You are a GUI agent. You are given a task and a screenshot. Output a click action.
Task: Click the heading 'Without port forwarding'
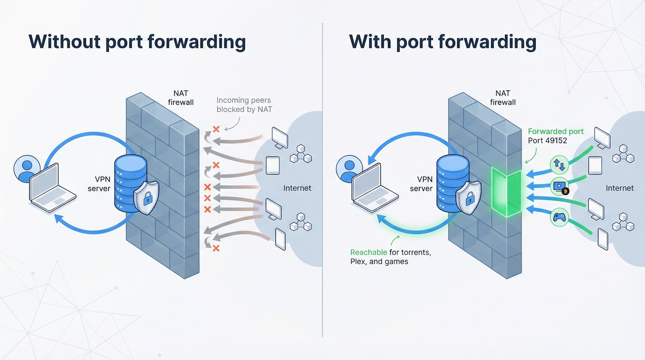point(137,42)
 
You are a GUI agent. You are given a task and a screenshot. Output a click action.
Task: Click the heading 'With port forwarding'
point(442,42)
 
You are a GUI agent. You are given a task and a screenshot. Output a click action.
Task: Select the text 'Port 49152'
point(547,141)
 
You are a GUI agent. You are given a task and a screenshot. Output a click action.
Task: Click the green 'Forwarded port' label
point(556,131)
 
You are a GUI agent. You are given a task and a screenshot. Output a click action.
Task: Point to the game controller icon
point(559,218)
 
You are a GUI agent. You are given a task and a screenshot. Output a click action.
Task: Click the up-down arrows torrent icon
point(559,164)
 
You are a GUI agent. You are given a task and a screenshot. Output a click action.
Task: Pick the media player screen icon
point(560,187)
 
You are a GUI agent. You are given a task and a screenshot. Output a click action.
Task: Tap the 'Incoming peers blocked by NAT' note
point(244,105)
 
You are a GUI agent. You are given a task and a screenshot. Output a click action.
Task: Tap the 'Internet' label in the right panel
point(619,188)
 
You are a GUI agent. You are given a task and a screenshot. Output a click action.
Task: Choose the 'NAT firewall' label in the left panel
point(181,98)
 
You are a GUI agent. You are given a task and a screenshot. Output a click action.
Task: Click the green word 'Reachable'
point(368,252)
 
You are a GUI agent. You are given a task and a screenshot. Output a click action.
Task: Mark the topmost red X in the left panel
point(216,129)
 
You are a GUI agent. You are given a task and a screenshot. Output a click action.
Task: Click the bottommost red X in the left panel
point(216,248)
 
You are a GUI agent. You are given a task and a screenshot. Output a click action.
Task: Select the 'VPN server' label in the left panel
point(99,184)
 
